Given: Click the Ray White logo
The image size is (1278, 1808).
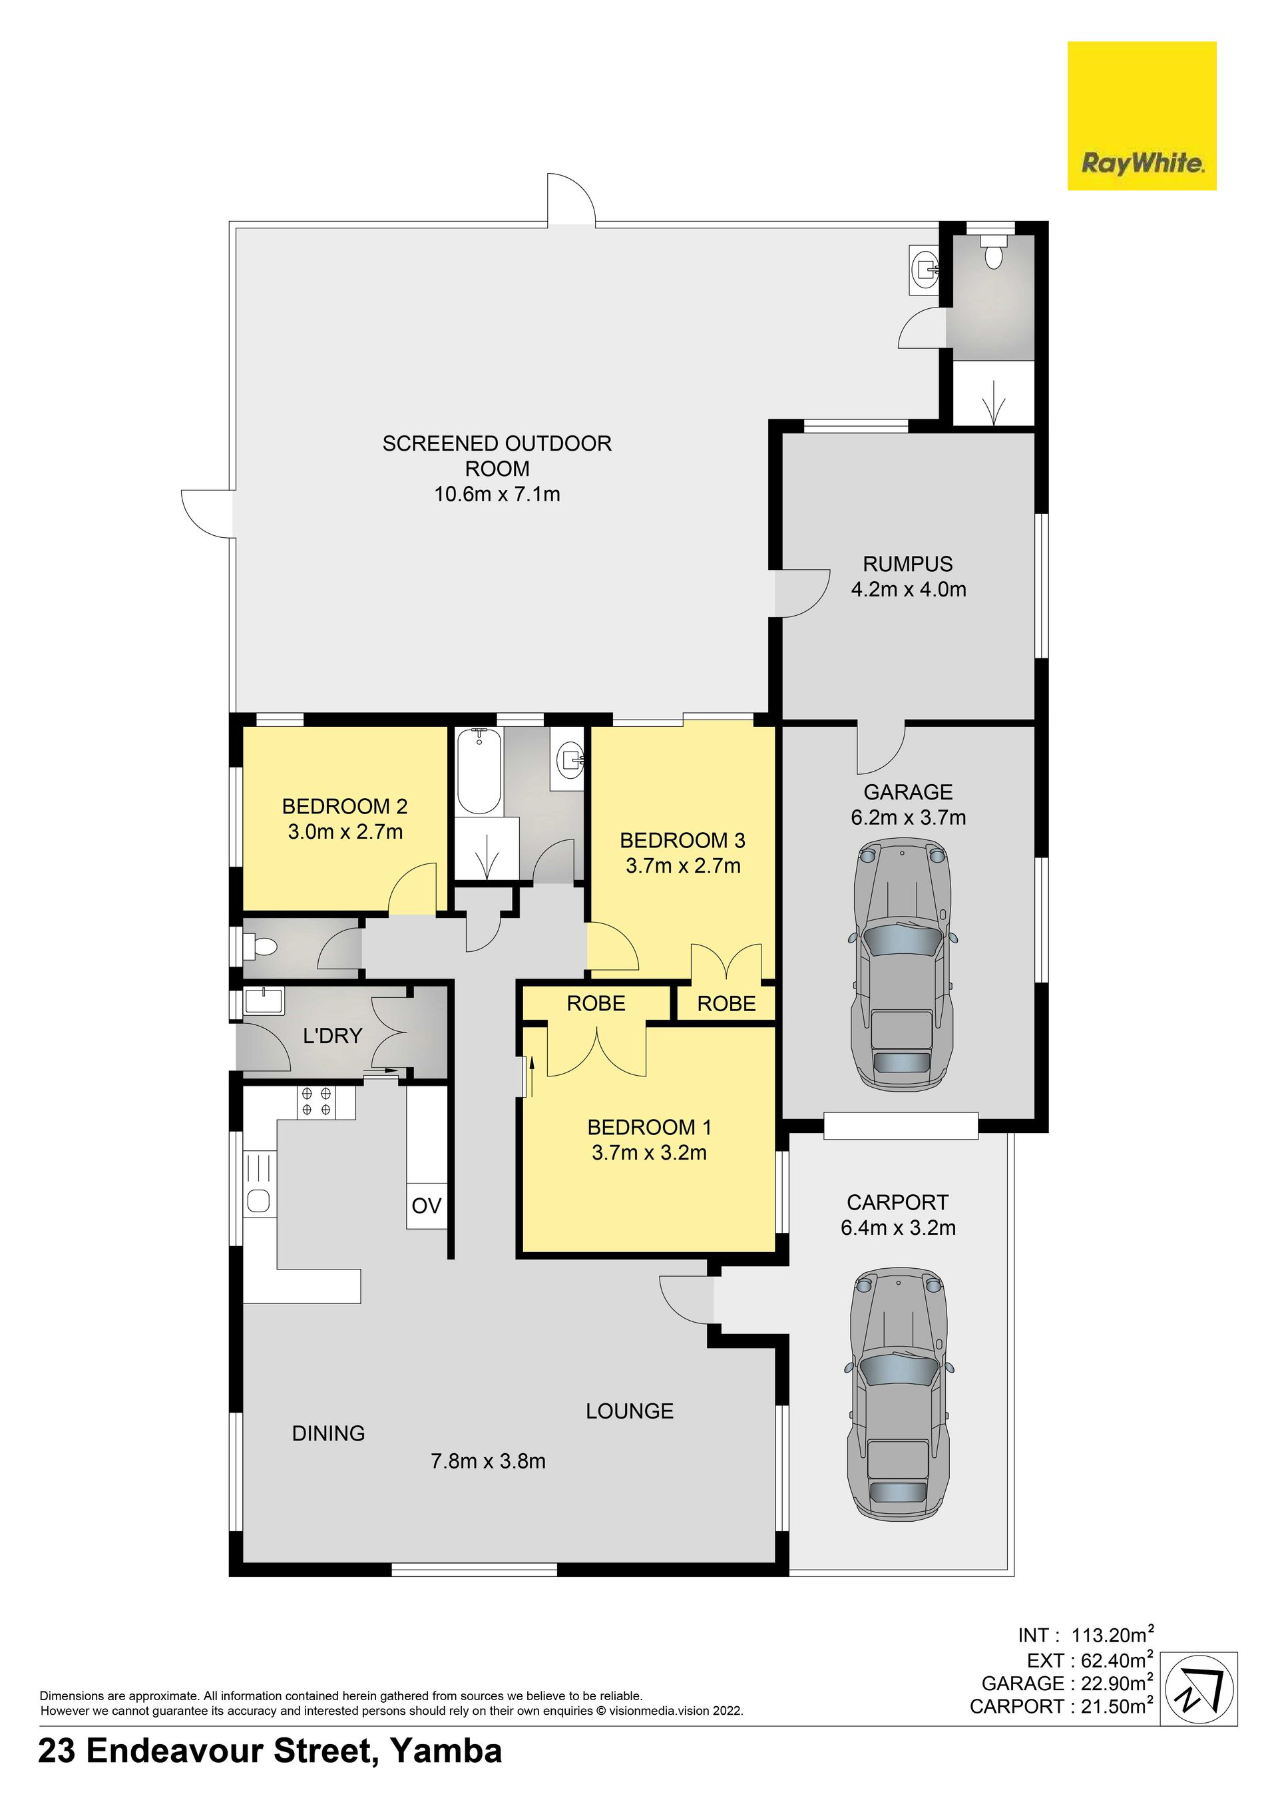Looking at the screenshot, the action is [1141, 116].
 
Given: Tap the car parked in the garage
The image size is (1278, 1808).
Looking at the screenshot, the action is [901, 964].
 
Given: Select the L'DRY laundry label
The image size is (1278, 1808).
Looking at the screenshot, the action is [332, 1036].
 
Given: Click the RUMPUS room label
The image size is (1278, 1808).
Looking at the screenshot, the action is [908, 564].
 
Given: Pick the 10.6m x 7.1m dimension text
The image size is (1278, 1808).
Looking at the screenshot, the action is [497, 495].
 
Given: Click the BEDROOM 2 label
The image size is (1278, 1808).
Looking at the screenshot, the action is [345, 806].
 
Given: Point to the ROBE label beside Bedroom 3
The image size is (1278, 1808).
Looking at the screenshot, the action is [726, 1003].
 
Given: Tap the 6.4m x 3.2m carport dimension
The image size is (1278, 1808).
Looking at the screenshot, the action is [898, 1228].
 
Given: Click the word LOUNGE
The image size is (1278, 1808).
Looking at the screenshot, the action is [629, 1411].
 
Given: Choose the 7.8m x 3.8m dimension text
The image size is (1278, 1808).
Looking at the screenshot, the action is [488, 1462].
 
